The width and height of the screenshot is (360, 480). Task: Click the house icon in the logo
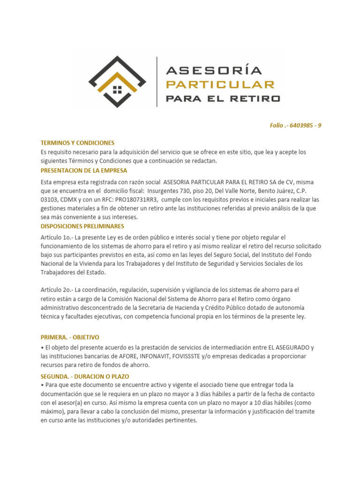(118, 89)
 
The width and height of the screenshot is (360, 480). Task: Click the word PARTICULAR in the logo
(220, 84)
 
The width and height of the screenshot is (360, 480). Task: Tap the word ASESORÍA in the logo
(214, 71)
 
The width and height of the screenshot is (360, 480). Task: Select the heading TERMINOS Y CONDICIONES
(77, 143)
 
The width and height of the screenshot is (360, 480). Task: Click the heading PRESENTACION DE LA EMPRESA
(84, 170)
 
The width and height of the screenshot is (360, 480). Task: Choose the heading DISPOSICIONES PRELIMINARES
(82, 226)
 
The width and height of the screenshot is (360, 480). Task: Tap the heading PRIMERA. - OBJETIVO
(70, 337)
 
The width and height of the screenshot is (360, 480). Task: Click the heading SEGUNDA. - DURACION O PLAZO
(85, 376)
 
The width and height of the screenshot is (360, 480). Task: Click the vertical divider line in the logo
(157, 81)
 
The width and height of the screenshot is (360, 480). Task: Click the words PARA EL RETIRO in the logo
(223, 98)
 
